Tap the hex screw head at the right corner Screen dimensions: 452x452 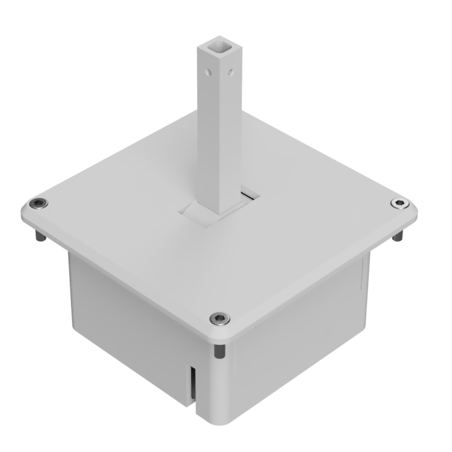(400, 204)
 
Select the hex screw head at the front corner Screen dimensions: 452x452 (219, 319)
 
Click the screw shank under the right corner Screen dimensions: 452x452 (399, 236)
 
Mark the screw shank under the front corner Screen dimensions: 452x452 (219, 350)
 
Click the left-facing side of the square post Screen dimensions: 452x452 (208, 136)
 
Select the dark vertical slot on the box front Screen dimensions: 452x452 (193, 386)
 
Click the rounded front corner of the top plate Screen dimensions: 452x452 (222, 337)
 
